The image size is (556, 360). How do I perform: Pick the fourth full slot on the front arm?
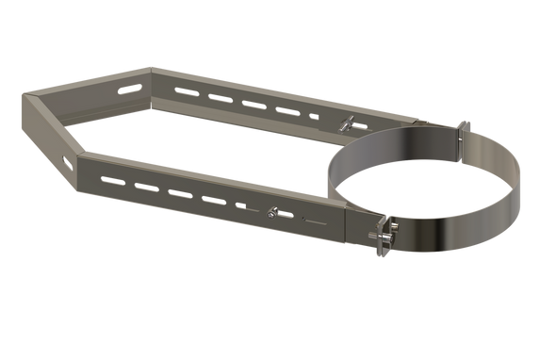(209, 199)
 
